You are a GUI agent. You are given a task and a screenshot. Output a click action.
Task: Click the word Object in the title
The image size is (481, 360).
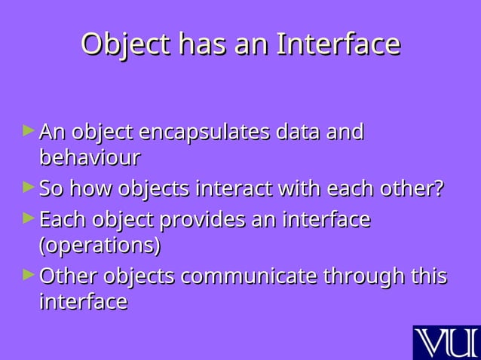[124, 44]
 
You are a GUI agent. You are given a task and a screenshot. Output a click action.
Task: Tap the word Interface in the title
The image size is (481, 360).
[338, 44]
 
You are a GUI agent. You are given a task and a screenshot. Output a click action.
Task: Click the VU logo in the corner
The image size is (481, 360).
[446, 342]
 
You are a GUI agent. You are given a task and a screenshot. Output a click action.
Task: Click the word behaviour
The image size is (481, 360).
[89, 159]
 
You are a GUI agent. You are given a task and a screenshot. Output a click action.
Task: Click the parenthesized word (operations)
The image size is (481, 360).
[100, 246]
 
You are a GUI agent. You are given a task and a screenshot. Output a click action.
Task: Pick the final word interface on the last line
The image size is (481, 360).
[83, 302]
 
